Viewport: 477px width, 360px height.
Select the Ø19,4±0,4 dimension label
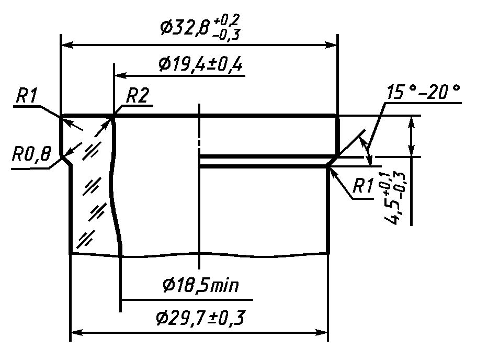(201, 64)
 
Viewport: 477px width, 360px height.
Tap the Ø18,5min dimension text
(201, 286)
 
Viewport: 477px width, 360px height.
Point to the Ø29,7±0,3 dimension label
(200, 318)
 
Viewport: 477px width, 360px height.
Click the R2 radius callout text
(138, 96)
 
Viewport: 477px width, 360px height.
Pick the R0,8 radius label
(31, 153)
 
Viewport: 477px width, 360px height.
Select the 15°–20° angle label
(423, 92)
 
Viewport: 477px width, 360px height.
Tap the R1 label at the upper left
(27, 96)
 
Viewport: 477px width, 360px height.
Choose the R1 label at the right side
(363, 186)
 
